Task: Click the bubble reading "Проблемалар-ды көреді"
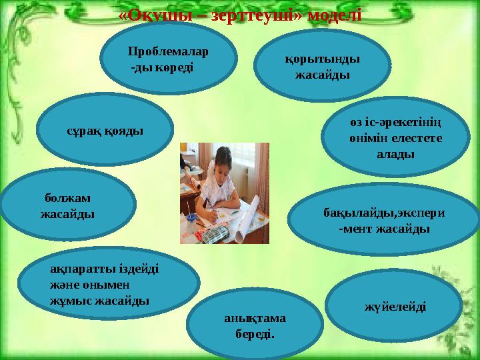pos(169,58)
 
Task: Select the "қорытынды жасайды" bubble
pos(323,65)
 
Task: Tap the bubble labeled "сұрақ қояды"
pos(105,129)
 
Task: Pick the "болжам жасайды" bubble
pos(67,206)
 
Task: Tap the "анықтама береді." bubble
pos(255,325)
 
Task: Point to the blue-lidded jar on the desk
pos(191,220)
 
